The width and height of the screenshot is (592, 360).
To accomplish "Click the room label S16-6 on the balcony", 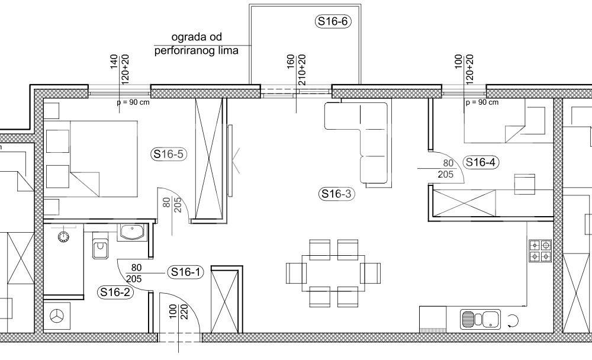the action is point(333,21).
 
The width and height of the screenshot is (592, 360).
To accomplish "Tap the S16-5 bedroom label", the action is point(169,154).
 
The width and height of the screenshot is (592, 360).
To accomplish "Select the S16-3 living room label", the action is point(336,194).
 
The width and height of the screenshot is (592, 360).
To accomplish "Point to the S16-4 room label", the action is point(481,162).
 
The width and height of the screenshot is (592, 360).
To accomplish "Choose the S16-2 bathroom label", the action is point(116,292).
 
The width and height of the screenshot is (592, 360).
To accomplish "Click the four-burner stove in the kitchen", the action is point(540,251).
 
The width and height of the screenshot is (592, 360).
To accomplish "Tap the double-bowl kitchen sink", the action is point(480,319).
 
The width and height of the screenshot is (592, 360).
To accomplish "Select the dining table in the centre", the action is point(333,273).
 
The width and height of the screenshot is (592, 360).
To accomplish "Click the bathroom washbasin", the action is point(132,232).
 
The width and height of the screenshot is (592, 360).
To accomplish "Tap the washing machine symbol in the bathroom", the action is point(57,316).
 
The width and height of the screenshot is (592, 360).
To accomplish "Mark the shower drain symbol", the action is point(63,237).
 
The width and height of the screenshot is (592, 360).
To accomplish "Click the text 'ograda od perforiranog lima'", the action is point(197,44).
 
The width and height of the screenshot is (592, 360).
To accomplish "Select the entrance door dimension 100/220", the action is point(179,311).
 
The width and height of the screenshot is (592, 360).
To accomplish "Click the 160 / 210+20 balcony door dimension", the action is point(296,70).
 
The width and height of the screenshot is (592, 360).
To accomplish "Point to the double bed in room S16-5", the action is point(91,159).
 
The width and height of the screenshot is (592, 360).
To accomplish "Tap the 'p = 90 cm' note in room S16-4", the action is point(482,102).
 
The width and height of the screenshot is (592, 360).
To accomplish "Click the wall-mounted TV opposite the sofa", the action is point(230,161).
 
